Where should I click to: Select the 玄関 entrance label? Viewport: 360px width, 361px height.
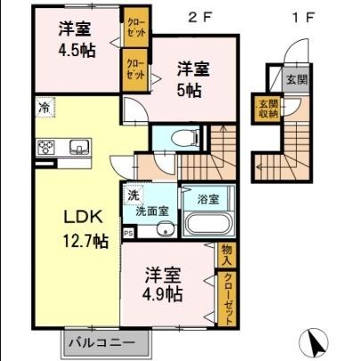(x=295, y=79)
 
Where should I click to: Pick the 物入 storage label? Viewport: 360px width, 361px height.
(x=227, y=256)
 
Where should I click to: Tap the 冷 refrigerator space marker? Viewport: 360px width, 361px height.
(x=44, y=109)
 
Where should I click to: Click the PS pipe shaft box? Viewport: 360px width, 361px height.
(x=128, y=234)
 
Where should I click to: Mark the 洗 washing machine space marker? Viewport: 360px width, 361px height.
(x=131, y=194)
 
